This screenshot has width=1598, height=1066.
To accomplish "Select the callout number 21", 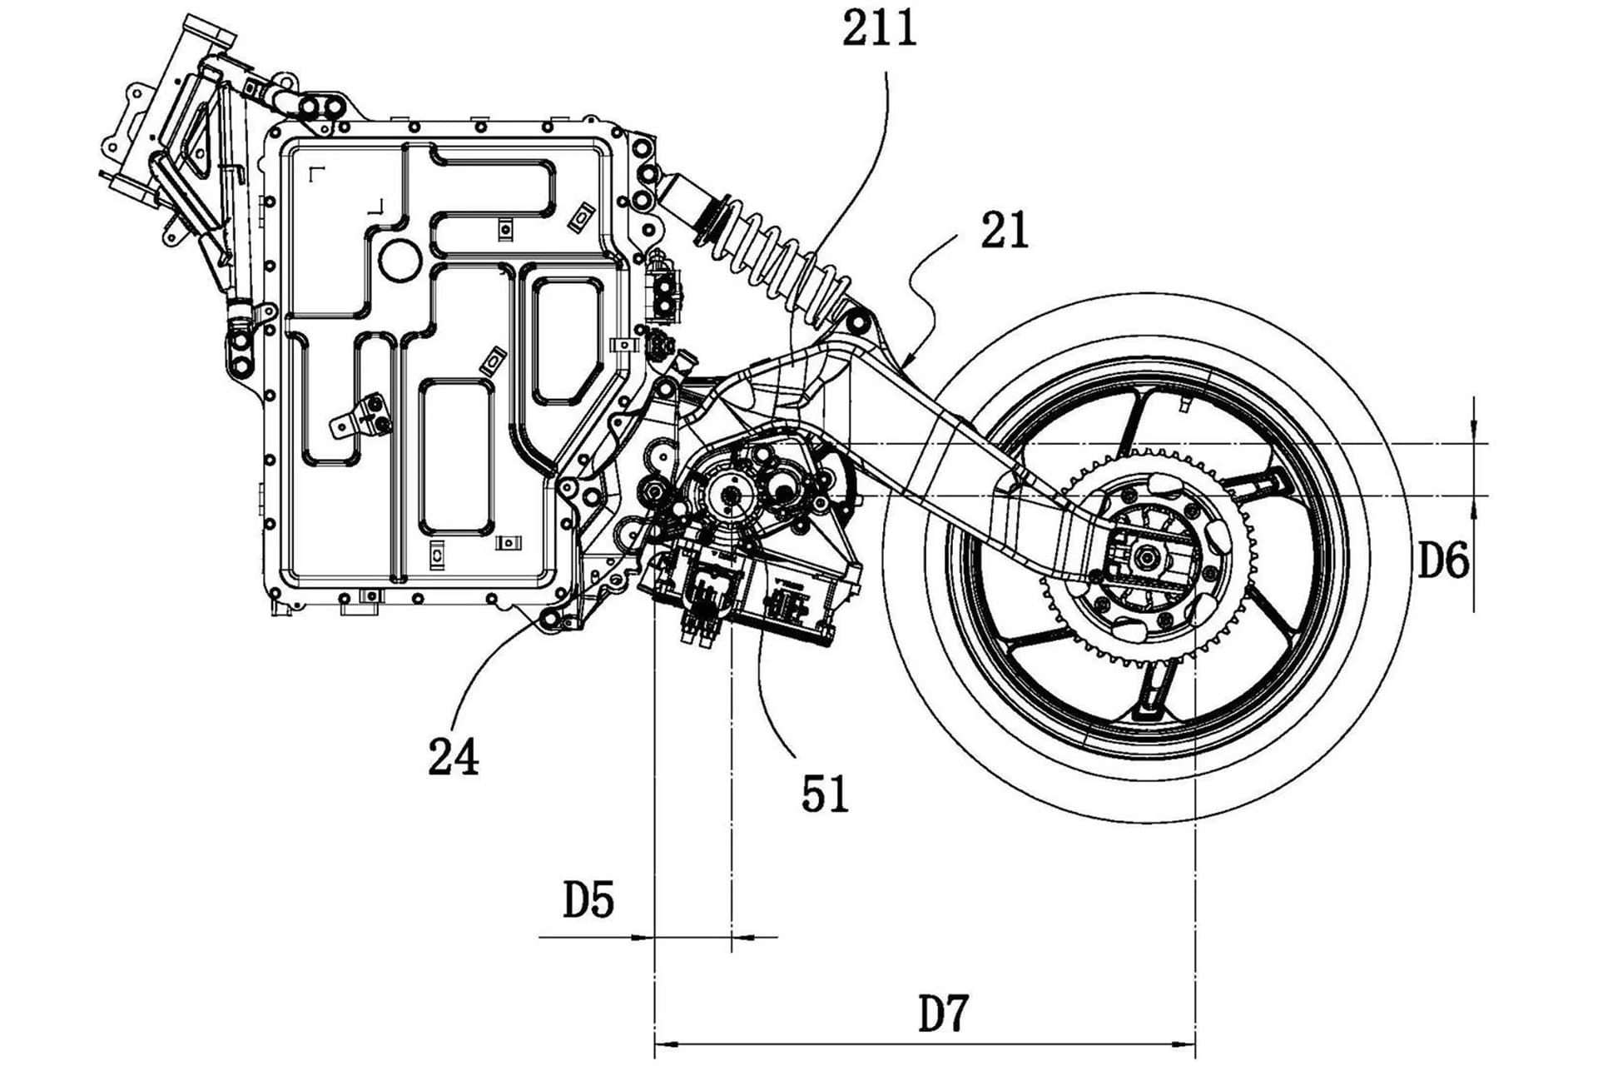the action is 1005,232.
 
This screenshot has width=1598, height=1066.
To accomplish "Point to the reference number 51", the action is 825,794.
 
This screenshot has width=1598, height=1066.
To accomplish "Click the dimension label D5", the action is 588,900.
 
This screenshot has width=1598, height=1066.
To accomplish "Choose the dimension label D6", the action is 1444,562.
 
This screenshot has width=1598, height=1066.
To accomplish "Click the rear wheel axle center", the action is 1149,556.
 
